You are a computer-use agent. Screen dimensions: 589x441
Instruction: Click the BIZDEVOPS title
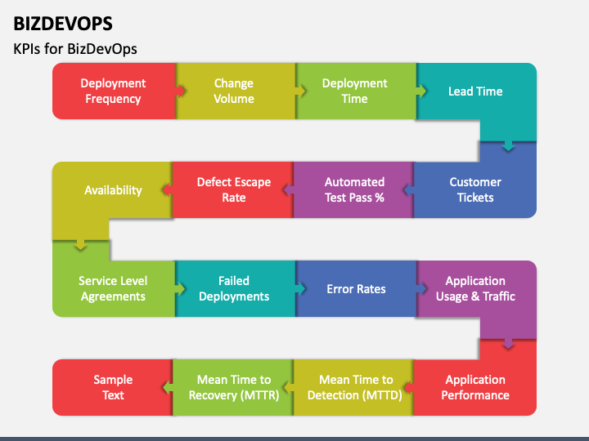coord(63,24)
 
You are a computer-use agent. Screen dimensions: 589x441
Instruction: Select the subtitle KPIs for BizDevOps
coord(75,49)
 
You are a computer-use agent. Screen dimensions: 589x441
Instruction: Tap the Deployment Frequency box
coord(114,91)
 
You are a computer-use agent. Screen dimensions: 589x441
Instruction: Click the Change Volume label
coord(234,91)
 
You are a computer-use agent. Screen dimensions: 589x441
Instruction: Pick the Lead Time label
coord(475,91)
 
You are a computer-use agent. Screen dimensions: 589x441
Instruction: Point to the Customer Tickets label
coord(475,189)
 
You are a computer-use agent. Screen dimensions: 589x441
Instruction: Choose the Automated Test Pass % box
coord(354,189)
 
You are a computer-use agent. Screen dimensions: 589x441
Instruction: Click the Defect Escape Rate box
coord(233,189)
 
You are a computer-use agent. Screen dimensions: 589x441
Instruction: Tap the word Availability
coord(113,190)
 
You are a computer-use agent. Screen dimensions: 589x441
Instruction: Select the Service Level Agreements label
coord(113,289)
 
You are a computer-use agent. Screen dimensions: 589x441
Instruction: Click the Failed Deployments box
coord(235,289)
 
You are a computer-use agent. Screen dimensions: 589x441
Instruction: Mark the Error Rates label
coord(356,289)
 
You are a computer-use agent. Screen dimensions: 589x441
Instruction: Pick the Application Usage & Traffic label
coord(475,289)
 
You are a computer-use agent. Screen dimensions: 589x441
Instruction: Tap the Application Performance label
coord(475,387)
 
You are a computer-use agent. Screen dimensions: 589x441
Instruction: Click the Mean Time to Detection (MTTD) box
coord(354,387)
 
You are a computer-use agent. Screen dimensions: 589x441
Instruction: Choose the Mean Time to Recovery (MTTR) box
coord(233,387)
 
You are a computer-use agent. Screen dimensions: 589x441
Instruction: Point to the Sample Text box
coord(113,387)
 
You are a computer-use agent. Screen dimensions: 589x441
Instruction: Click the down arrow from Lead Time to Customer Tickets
coord(508,146)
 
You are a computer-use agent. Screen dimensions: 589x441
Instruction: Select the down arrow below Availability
coord(80,244)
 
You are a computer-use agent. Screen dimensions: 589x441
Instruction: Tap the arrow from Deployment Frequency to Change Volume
coord(181,91)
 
